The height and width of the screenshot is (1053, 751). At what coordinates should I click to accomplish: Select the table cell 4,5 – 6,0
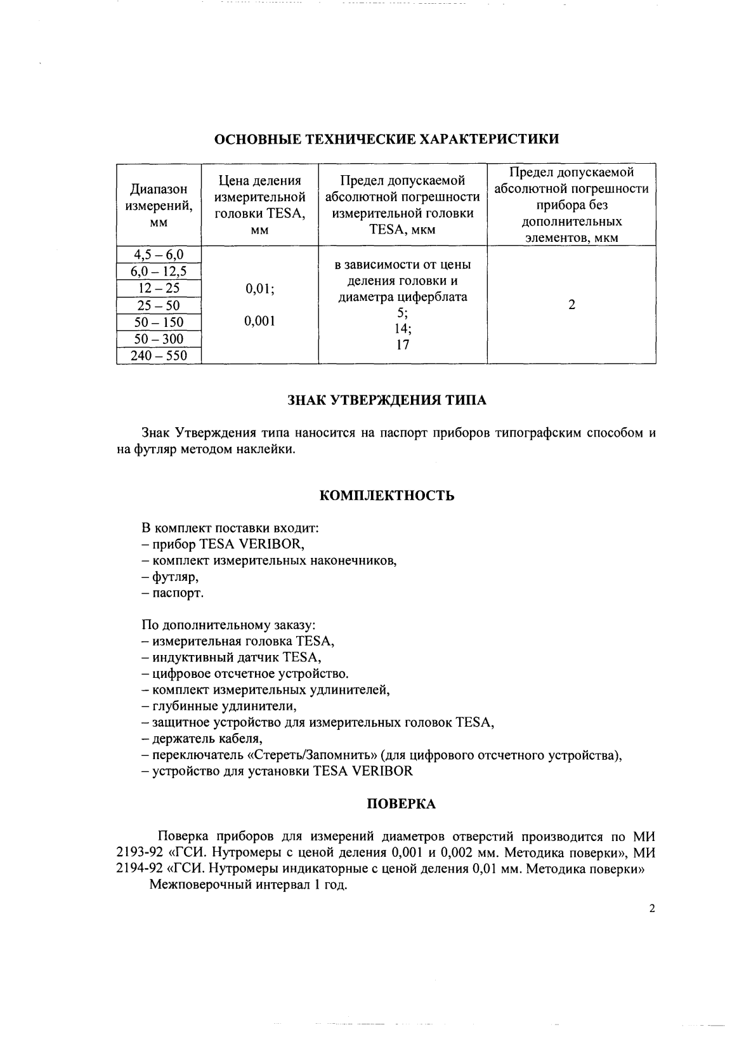pos(159,255)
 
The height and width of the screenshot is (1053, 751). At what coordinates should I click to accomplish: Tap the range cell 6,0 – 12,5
pos(159,272)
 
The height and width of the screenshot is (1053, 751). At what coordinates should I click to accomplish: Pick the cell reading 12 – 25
pos(159,289)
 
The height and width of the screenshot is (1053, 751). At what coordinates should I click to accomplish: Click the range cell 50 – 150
pos(159,322)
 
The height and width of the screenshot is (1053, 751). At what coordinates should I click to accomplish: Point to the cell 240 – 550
pos(159,356)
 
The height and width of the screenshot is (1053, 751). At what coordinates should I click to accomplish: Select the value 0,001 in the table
pos(260,321)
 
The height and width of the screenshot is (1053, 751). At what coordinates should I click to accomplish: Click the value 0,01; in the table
pos(260,289)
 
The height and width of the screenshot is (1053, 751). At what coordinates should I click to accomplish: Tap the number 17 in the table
pos(403,345)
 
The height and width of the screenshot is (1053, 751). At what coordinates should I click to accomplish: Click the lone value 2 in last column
pos(571,305)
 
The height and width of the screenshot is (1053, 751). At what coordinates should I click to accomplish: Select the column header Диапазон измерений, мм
pos(159,205)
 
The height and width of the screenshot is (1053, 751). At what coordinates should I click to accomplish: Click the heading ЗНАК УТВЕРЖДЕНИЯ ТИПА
pos(387,401)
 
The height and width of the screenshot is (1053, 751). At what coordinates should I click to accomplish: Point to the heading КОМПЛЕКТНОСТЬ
pos(387,496)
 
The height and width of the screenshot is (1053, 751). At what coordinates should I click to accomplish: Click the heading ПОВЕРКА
pos(402,804)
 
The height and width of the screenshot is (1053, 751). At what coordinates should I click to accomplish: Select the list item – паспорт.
pos(173,593)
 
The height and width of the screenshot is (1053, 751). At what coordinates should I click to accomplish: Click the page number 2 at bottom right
pos(652,908)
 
